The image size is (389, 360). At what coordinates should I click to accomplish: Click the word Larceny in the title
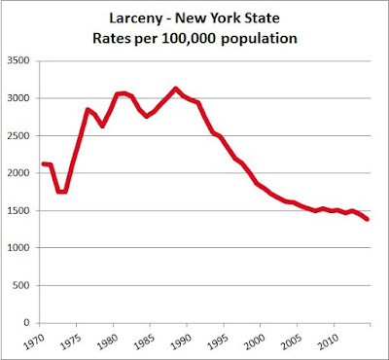pos(135,18)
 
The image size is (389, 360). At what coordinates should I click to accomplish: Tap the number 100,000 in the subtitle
pos(191,39)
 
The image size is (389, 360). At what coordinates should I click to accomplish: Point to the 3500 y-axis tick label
pos(18,60)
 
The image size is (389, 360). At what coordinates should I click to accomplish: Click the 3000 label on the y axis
pos(18,98)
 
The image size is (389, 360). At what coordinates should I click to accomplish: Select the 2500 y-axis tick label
pos(18,135)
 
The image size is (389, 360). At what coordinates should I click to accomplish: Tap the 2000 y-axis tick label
pos(18,173)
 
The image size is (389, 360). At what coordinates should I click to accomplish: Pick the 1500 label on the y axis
pos(18,210)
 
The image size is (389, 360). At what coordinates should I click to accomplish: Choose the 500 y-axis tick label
pos(20,285)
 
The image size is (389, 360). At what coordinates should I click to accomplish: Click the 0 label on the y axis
pos(26,323)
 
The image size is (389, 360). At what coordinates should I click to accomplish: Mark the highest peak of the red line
pos(175,89)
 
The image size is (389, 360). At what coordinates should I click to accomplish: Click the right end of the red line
pos(368,220)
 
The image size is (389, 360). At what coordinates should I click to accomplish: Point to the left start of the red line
pos(43,163)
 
